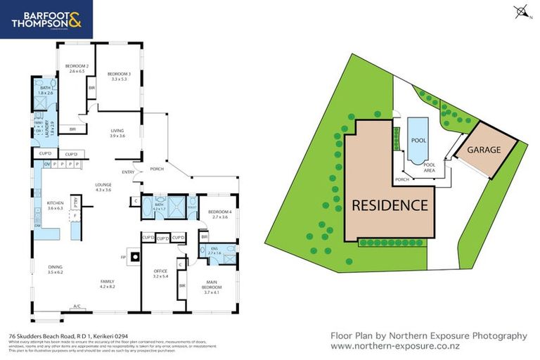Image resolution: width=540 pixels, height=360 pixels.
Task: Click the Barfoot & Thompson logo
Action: pos(46,19)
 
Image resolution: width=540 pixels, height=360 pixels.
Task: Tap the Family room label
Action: pos(108,284)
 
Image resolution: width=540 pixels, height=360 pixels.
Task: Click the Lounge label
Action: pos(104,187)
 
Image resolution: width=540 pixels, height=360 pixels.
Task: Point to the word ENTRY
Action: pos(128,172)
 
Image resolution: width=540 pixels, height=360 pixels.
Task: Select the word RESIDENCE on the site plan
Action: pos(389,205)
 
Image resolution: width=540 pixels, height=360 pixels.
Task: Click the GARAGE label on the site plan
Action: pos(483,150)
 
